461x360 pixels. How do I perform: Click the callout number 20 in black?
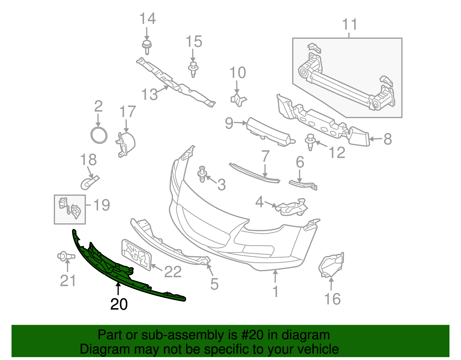coord(119,304)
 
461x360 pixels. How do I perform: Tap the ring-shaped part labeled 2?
coord(99,135)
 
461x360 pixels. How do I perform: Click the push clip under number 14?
coord(147,47)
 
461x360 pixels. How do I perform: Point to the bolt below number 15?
coord(193,69)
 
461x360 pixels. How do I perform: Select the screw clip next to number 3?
coord(202,174)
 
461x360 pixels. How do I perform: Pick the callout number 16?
coord(332,299)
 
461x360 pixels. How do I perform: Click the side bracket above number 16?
coord(331,265)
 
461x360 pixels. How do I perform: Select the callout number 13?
coord(150,94)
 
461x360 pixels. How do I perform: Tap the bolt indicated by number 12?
coord(310,142)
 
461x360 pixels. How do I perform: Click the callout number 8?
coord(388,139)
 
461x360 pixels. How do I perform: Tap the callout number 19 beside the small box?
coord(101,205)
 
